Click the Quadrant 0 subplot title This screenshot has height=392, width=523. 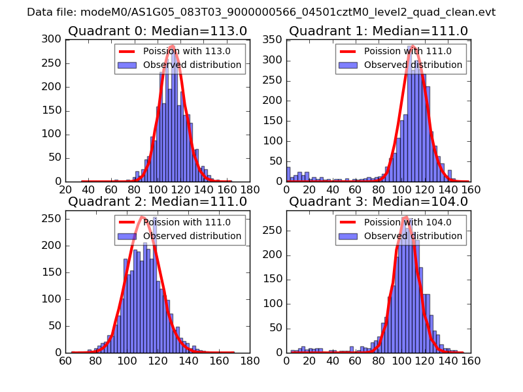(157, 31)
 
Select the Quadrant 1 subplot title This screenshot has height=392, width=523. (379, 31)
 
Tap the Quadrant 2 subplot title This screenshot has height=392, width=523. (157, 201)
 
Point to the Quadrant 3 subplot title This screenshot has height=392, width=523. (379, 201)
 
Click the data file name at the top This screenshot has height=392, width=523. (261, 12)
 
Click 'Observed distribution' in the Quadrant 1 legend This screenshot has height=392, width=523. (413, 65)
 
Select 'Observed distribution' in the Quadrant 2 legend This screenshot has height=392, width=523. (192, 235)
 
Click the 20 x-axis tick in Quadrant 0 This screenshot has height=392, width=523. (65, 190)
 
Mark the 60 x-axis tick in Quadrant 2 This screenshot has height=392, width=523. (65, 361)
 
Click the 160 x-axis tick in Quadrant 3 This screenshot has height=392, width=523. (471, 361)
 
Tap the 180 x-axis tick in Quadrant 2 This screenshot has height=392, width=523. (250, 361)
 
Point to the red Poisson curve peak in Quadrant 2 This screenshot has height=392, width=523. (142, 217)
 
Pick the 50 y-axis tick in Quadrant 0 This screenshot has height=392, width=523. (56, 158)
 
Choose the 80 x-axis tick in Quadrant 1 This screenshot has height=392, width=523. (379, 190)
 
